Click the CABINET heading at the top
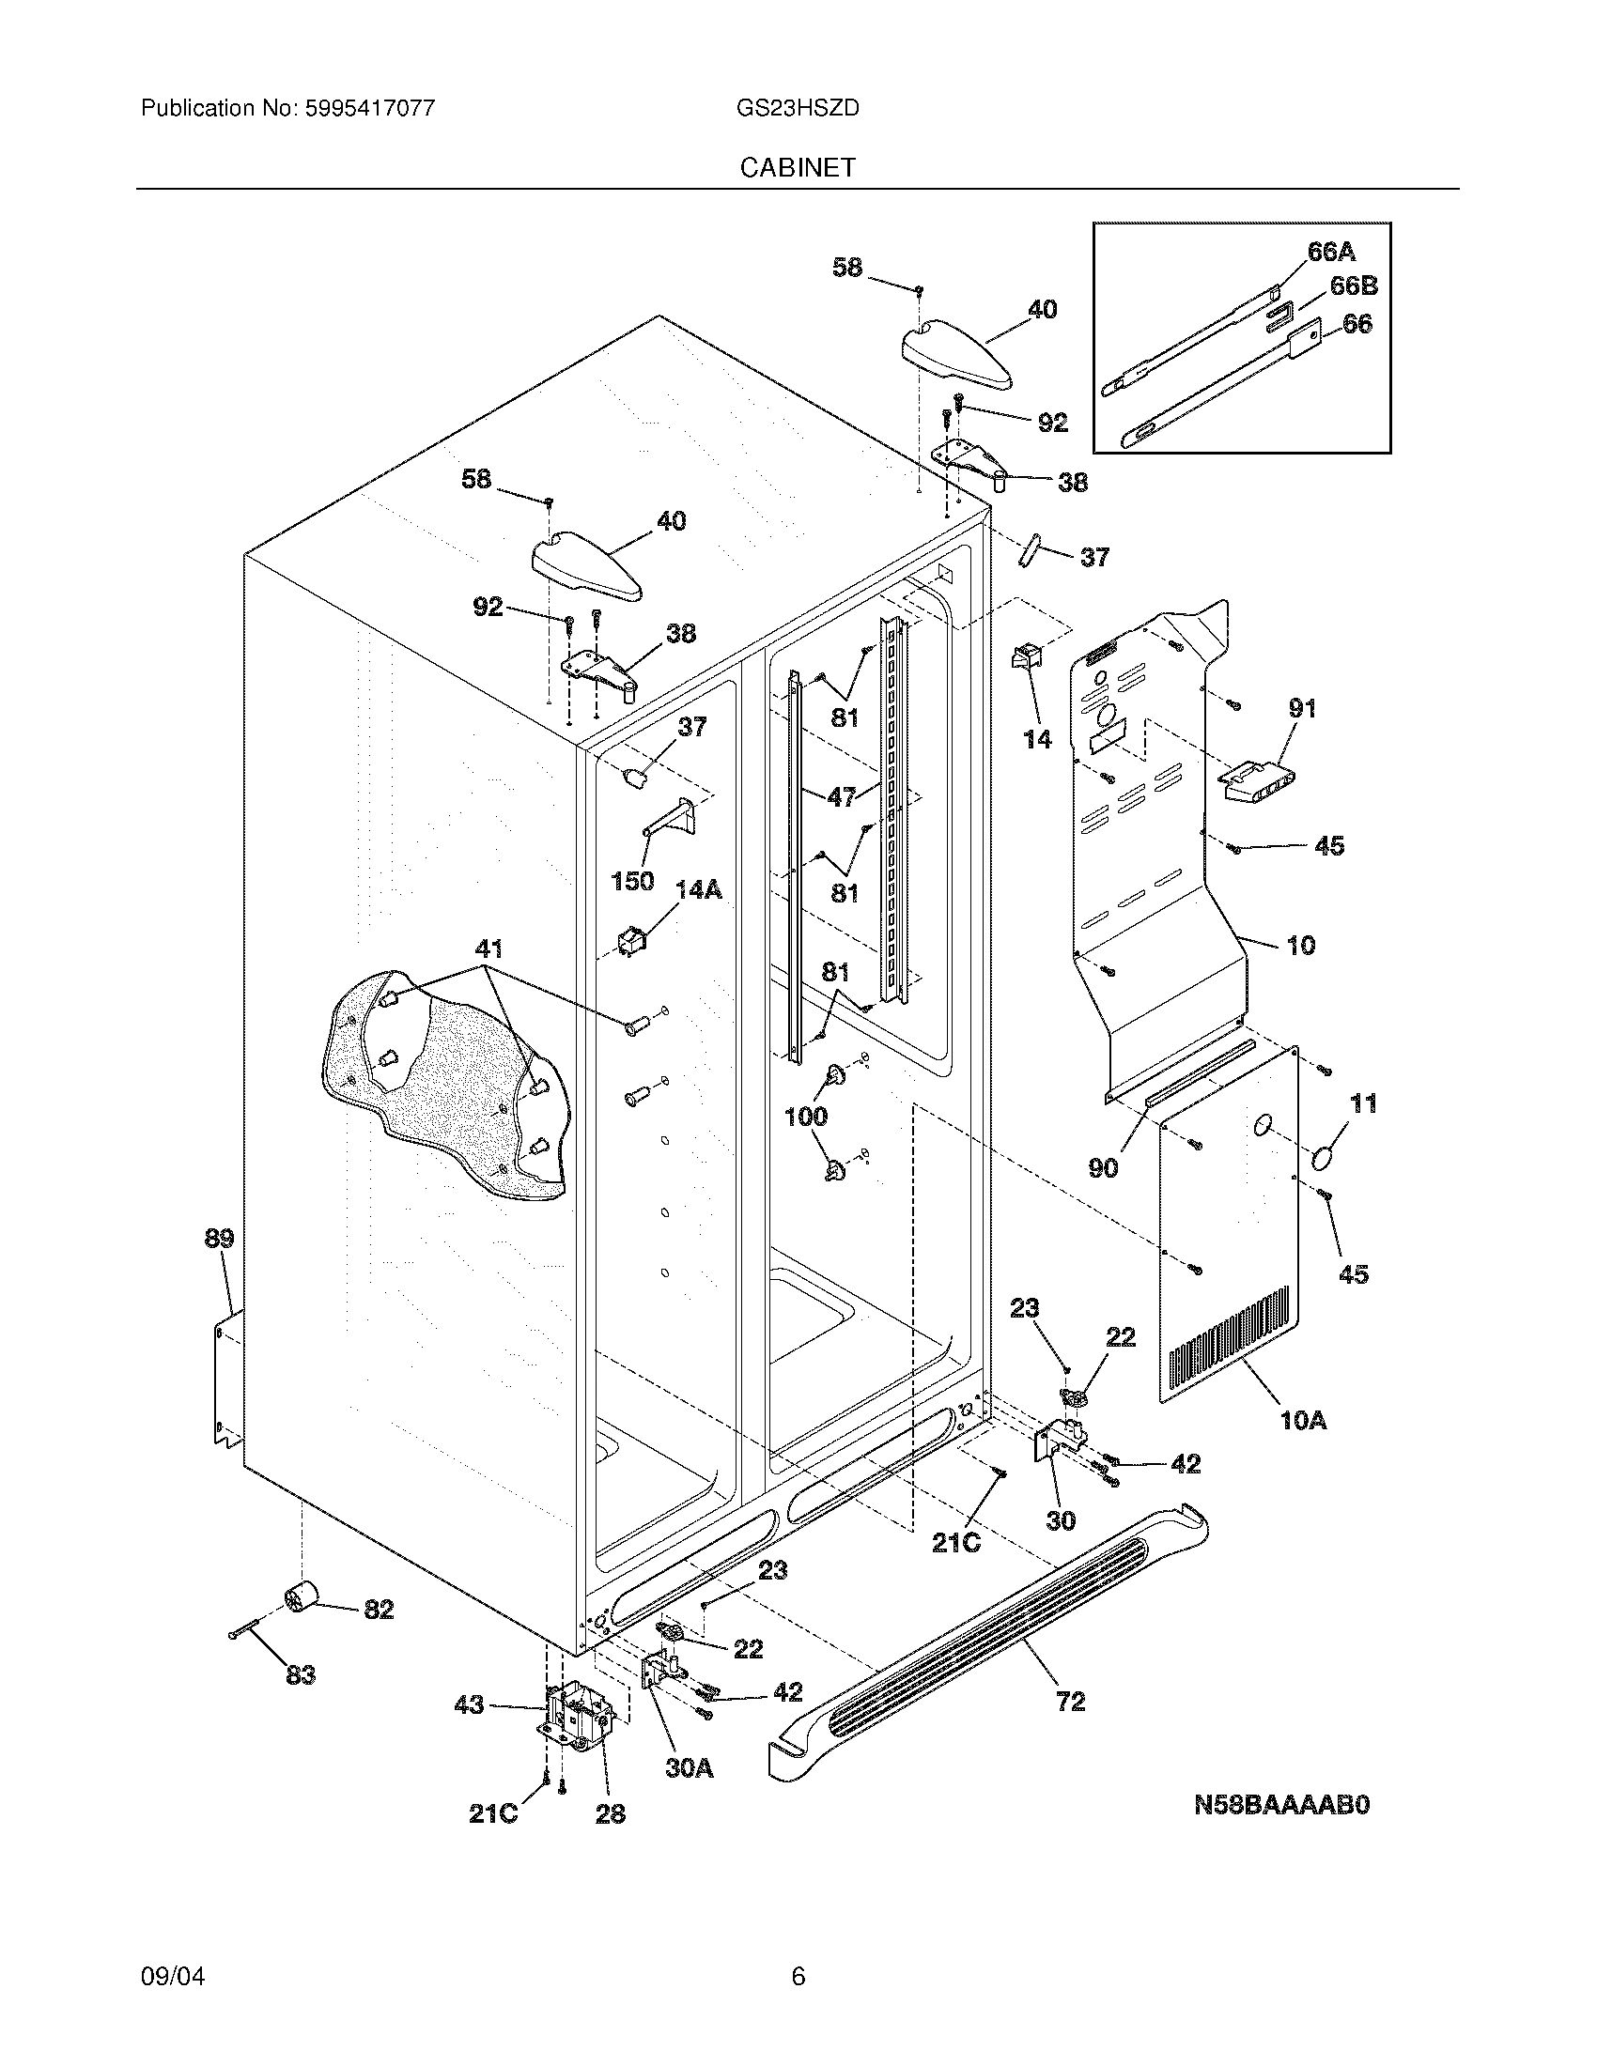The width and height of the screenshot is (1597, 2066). click(x=798, y=167)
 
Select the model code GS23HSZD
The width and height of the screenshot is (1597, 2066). click(x=798, y=108)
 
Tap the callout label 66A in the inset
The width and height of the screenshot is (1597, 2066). click(x=1331, y=252)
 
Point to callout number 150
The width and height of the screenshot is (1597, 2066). click(x=632, y=881)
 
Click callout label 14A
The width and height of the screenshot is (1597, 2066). click(x=698, y=889)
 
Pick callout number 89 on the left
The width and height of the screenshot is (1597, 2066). click(x=219, y=1238)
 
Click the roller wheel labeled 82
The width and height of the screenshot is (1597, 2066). click(x=301, y=1597)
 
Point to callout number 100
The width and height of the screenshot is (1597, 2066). click(x=806, y=1117)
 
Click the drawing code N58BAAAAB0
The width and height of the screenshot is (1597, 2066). click(x=1281, y=1805)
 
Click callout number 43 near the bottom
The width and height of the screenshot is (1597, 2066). click(x=470, y=1704)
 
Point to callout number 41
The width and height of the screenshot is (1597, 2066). click(x=488, y=948)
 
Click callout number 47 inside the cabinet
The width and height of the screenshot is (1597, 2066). click(x=841, y=796)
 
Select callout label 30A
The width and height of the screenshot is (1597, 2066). click(x=689, y=1767)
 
